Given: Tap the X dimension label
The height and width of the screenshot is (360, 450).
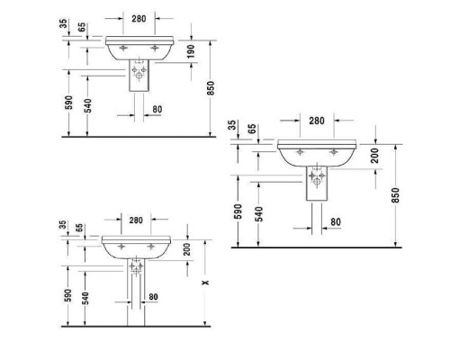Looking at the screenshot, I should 207,283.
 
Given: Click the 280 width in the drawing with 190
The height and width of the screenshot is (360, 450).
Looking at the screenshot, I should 138,17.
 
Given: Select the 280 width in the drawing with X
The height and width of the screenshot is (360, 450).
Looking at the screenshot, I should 136,220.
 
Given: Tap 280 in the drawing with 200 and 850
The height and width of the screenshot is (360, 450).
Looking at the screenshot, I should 316,121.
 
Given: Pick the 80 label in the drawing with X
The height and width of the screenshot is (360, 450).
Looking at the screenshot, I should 153,297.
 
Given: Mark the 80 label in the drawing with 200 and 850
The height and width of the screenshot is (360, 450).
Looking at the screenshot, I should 335,220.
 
